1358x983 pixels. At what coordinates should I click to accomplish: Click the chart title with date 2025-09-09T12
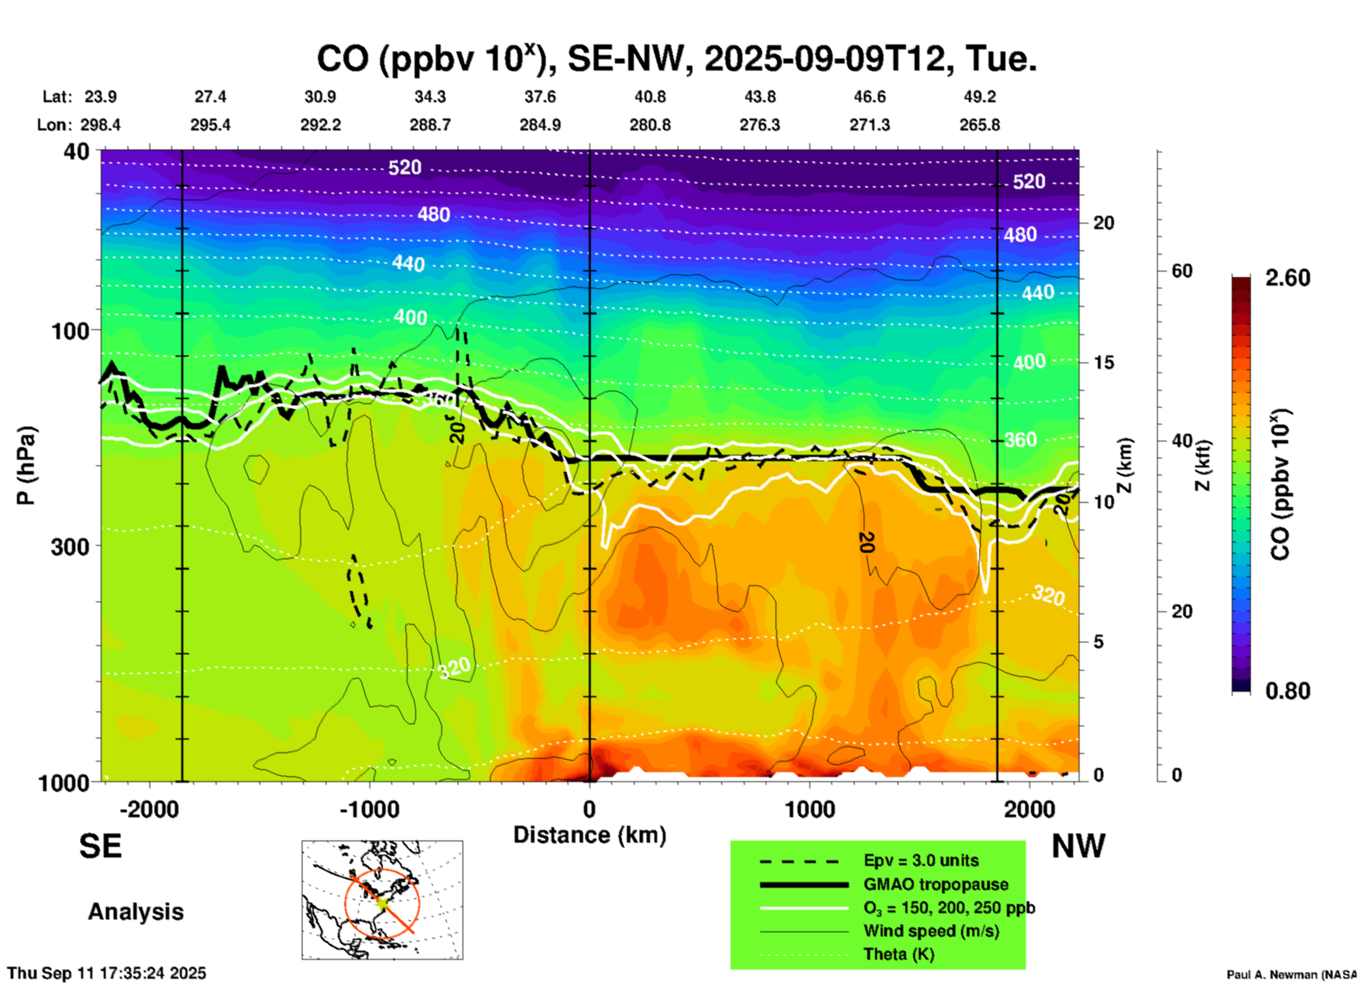(x=676, y=59)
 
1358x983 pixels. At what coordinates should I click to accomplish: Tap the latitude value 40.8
(x=649, y=97)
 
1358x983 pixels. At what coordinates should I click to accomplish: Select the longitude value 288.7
(x=429, y=125)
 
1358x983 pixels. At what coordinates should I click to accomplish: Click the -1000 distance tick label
(x=369, y=810)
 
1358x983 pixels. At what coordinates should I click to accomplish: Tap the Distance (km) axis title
(x=589, y=835)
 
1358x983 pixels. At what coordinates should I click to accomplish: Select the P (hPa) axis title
(x=26, y=465)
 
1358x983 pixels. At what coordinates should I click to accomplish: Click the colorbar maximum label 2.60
(x=1287, y=278)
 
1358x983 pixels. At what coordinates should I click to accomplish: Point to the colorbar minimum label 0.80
(x=1287, y=690)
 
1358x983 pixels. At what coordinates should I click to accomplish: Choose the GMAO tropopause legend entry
(x=936, y=884)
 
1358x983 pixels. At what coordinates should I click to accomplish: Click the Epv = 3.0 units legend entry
(x=921, y=860)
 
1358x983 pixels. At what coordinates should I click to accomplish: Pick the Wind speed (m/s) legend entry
(x=931, y=931)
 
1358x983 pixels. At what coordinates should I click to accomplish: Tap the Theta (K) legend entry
(x=898, y=954)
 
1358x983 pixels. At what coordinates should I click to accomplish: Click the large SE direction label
(x=100, y=846)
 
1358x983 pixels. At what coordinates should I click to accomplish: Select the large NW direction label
(x=1078, y=846)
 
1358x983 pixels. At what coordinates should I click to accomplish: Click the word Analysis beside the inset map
(x=135, y=912)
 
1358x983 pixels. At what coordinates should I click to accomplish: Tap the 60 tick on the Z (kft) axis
(x=1182, y=271)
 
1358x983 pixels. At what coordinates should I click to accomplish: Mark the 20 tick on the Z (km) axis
(x=1103, y=223)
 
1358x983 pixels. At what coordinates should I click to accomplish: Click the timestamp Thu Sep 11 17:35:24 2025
(x=107, y=973)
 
